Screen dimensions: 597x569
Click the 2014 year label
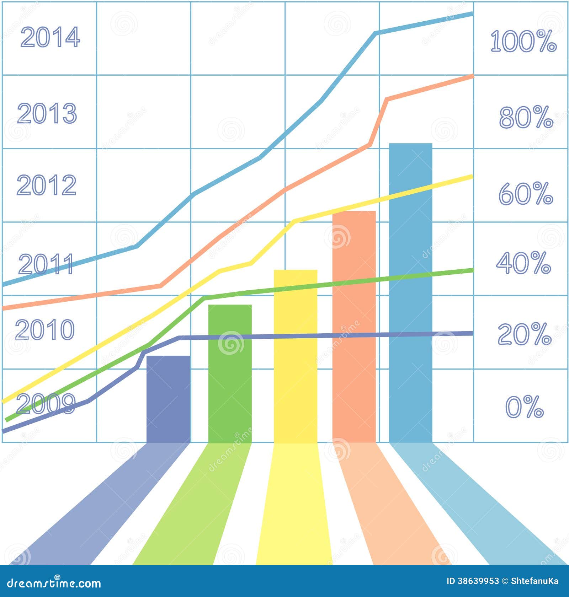pyautogui.click(x=50, y=37)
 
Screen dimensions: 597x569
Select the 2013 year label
pyautogui.click(x=47, y=113)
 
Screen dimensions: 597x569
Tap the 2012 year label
pyautogui.click(x=47, y=185)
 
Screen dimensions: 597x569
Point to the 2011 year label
pyautogui.click(x=46, y=264)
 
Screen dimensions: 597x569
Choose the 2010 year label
pyautogui.click(x=45, y=329)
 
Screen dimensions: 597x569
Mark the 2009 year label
pyautogui.click(x=46, y=404)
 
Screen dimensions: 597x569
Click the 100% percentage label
pyautogui.click(x=523, y=41)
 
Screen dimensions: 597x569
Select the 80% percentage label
pyautogui.click(x=526, y=117)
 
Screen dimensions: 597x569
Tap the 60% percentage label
pyautogui.click(x=526, y=194)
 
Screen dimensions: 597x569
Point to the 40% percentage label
pyautogui.click(x=523, y=263)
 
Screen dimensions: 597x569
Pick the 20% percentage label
pyautogui.click(x=525, y=334)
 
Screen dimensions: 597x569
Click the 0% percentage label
pyautogui.click(x=525, y=407)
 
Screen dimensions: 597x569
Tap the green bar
pyautogui.click(x=230, y=373)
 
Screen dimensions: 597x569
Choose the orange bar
pyautogui.click(x=354, y=327)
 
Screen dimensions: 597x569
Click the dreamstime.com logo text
pyautogui.click(x=54, y=583)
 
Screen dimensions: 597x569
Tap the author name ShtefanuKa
pyautogui.click(x=535, y=581)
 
